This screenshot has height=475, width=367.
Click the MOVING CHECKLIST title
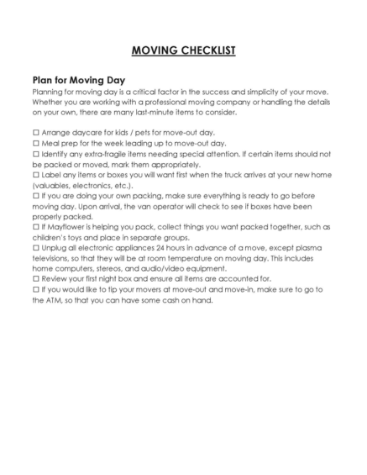coord(183,50)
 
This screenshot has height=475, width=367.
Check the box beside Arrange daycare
coord(35,133)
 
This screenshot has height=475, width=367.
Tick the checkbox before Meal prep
coord(35,144)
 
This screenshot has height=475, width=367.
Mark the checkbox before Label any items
coord(35,175)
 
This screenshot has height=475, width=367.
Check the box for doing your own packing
coord(35,195)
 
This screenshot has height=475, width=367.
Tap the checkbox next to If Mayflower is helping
coord(35,227)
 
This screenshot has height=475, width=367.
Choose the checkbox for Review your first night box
coord(35,278)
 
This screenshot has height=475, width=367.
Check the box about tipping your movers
coord(35,289)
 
